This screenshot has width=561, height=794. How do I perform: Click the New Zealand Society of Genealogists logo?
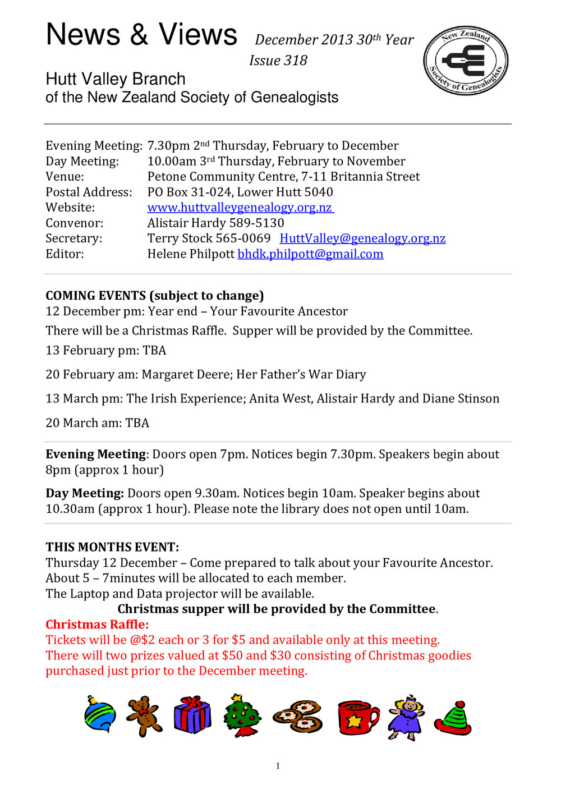pos(466,61)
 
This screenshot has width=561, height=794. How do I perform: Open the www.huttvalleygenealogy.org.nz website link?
pos(240,208)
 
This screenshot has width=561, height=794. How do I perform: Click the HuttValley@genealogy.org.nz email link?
pos(362,238)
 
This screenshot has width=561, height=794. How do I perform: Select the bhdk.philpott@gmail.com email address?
pos(310,254)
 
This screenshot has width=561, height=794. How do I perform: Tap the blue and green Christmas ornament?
pos(100,714)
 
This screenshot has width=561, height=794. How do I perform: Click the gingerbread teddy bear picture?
pos(144,716)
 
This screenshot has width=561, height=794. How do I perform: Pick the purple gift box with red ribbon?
pos(192,715)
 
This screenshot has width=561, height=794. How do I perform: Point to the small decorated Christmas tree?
pos(242,715)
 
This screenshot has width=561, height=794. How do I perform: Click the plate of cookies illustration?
pos(298,717)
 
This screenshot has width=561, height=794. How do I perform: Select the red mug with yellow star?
pos(357,717)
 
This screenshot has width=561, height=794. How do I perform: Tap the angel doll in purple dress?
pos(406,717)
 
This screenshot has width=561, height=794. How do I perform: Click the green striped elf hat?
pos(453,718)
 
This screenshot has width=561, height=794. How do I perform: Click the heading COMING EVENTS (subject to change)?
pos(154,296)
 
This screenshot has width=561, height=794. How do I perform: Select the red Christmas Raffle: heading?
pos(97,625)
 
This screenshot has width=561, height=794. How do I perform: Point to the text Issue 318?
pos(278,61)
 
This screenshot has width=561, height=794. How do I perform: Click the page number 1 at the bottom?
pos(278,766)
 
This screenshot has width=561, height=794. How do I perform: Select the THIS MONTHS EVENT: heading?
pos(112,547)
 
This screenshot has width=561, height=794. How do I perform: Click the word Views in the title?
pos(197,35)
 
